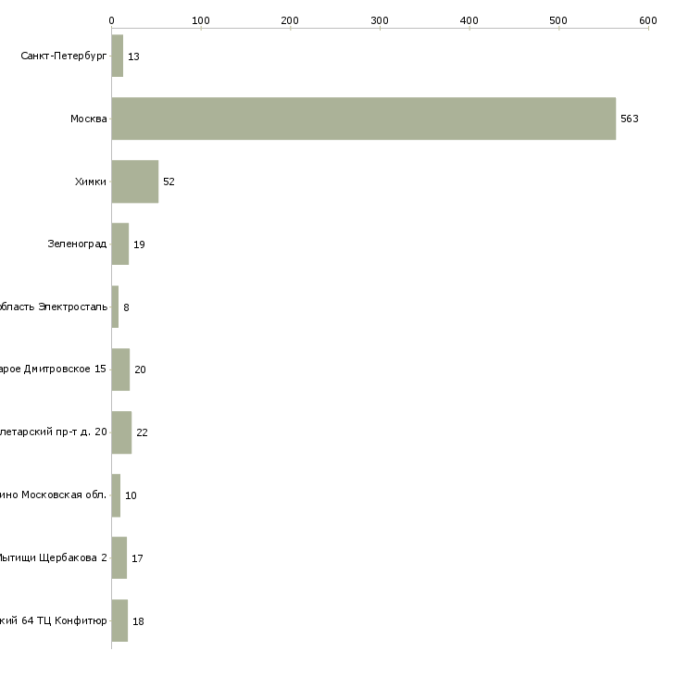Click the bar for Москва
(x=363, y=119)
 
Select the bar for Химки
(x=134, y=182)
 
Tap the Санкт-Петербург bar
(x=117, y=56)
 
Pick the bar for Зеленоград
(x=119, y=244)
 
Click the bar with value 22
(x=121, y=432)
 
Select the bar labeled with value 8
(x=115, y=307)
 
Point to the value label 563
(x=630, y=119)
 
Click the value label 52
(x=169, y=182)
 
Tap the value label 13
(x=133, y=56)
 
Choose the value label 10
(x=131, y=495)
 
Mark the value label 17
(x=137, y=558)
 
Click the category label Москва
(x=89, y=119)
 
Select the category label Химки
(x=91, y=182)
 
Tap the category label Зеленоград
(x=77, y=244)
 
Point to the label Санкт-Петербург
(x=64, y=56)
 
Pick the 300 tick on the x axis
(x=380, y=19)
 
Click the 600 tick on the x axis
(x=647, y=19)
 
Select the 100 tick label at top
(x=200, y=19)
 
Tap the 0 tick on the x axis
(x=111, y=19)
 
